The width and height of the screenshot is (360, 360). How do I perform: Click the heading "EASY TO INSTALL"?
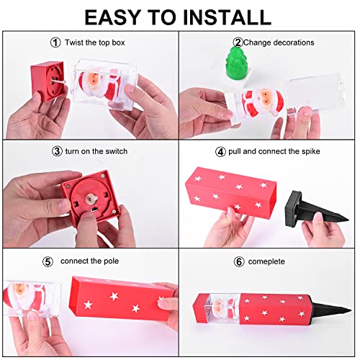pos(178,17)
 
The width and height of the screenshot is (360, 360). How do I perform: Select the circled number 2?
pos(238,42)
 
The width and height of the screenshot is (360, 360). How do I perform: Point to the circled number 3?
pos(57,151)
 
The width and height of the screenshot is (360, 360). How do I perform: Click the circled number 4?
pos(220,152)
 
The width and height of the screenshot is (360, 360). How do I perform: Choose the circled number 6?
pos(239,260)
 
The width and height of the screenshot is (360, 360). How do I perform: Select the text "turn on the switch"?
pos(98,152)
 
